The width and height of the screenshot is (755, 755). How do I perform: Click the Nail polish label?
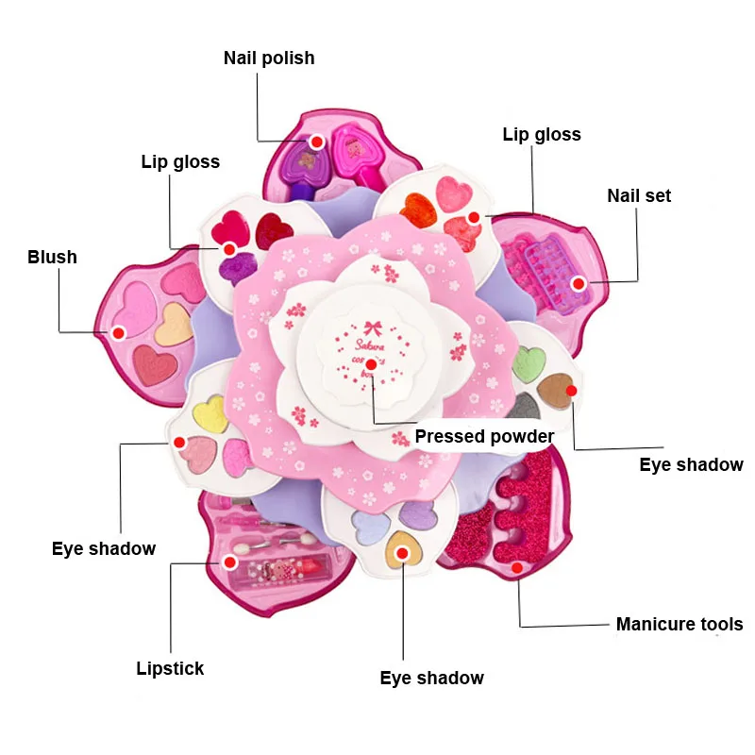point(269,59)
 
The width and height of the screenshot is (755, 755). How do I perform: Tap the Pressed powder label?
point(484,436)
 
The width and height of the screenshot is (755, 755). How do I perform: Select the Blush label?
point(52,257)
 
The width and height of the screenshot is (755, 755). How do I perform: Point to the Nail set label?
point(639,196)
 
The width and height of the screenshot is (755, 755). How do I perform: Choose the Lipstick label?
point(170,669)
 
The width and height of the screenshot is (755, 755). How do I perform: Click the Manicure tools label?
point(679,624)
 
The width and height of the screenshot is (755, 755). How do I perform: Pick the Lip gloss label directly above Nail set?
point(542,134)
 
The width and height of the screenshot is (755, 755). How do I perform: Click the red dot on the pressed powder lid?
point(372,363)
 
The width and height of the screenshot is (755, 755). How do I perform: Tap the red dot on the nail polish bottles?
point(317,142)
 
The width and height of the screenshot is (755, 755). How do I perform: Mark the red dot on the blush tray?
point(118,332)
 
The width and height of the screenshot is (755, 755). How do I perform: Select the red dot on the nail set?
point(579,282)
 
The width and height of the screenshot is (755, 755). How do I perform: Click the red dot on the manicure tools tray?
point(517,567)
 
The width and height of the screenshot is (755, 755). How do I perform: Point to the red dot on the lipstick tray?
point(229,562)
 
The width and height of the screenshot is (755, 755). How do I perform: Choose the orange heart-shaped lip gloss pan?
point(420,210)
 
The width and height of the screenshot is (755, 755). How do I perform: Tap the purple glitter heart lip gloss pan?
point(235,268)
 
